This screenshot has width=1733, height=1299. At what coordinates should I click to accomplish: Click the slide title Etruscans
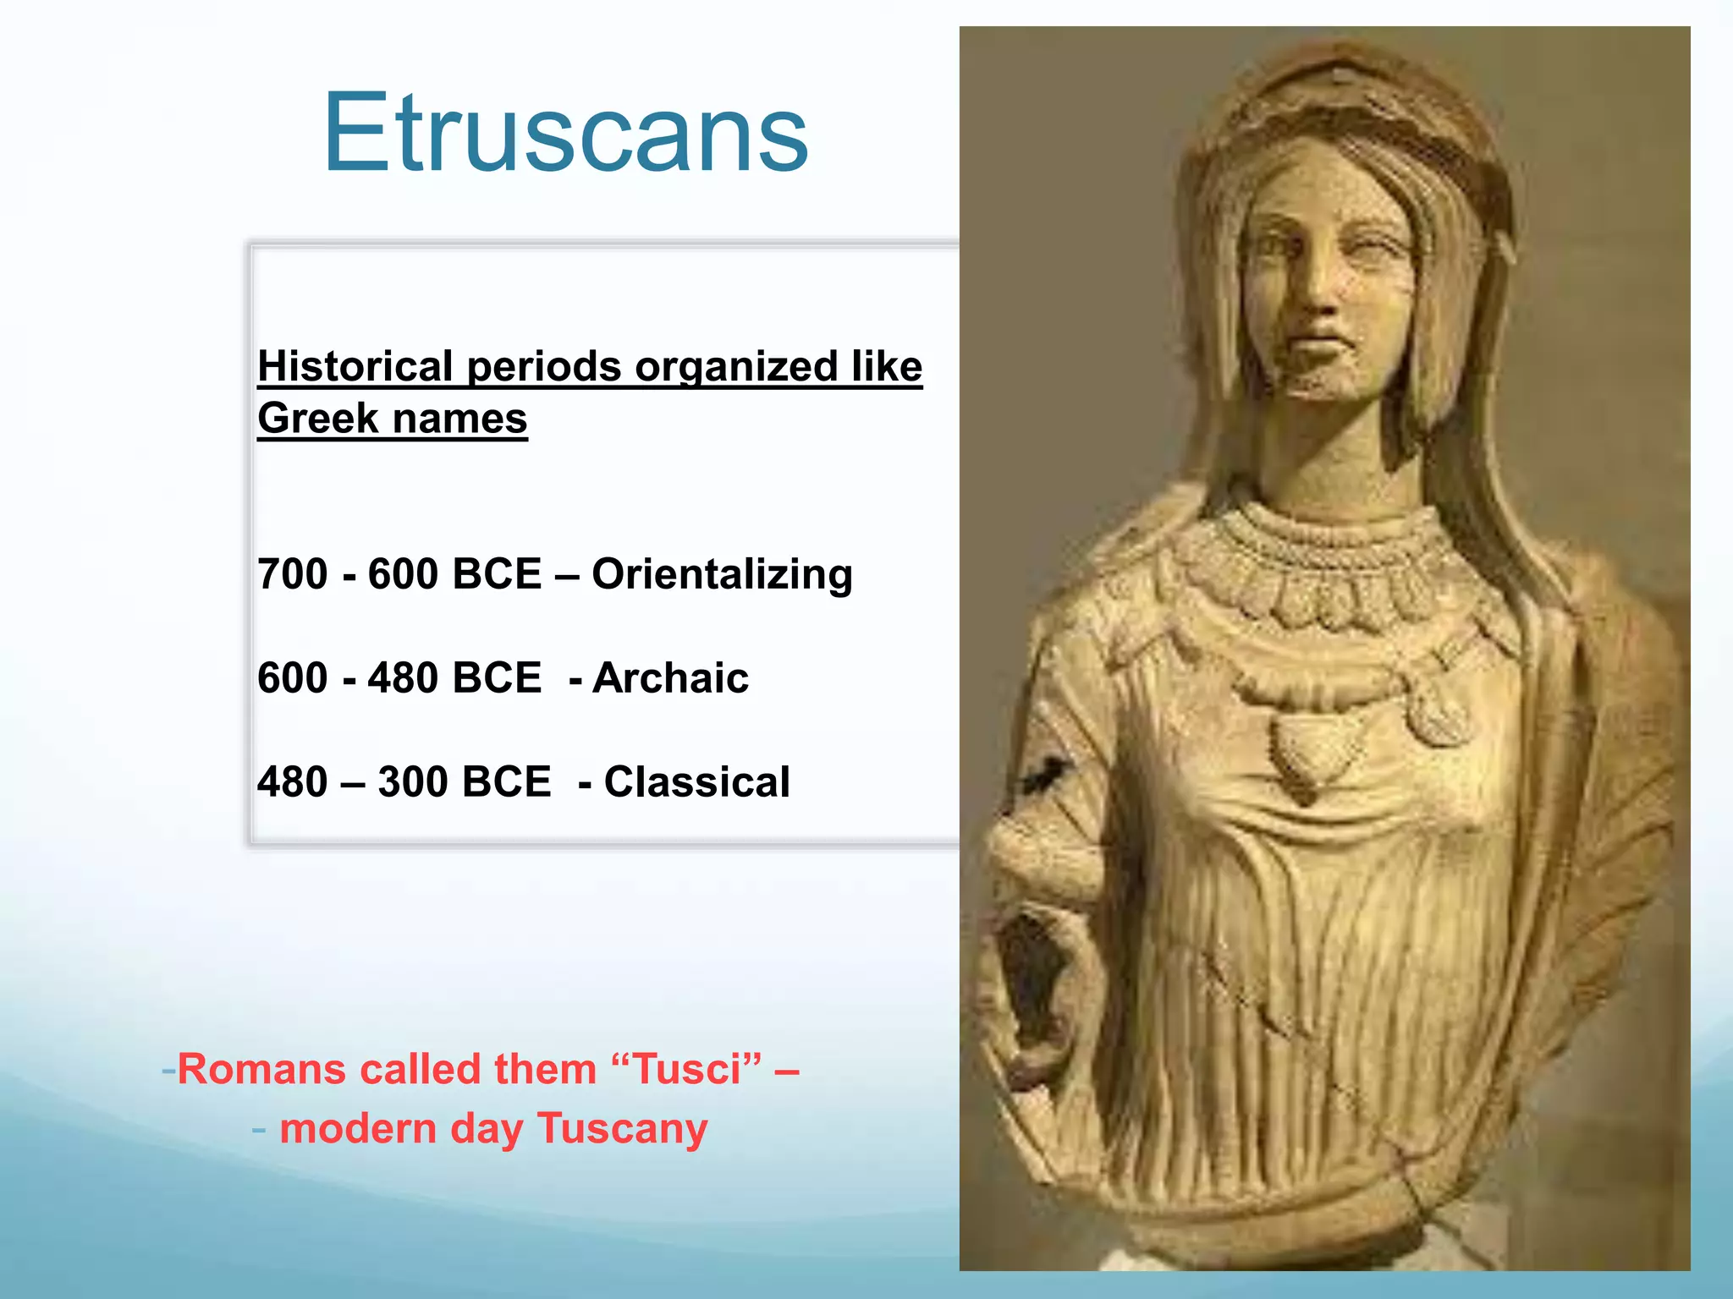point(565,134)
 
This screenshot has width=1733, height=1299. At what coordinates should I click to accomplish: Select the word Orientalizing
point(722,574)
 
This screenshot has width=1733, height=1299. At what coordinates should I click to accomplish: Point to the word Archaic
point(670,678)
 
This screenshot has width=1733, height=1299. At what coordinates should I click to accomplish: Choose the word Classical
point(696,782)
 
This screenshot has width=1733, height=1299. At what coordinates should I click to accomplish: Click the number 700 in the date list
point(292,574)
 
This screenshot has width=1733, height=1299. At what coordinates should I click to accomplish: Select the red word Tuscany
point(622,1129)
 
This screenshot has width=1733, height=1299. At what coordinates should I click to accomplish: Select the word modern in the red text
point(358,1129)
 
